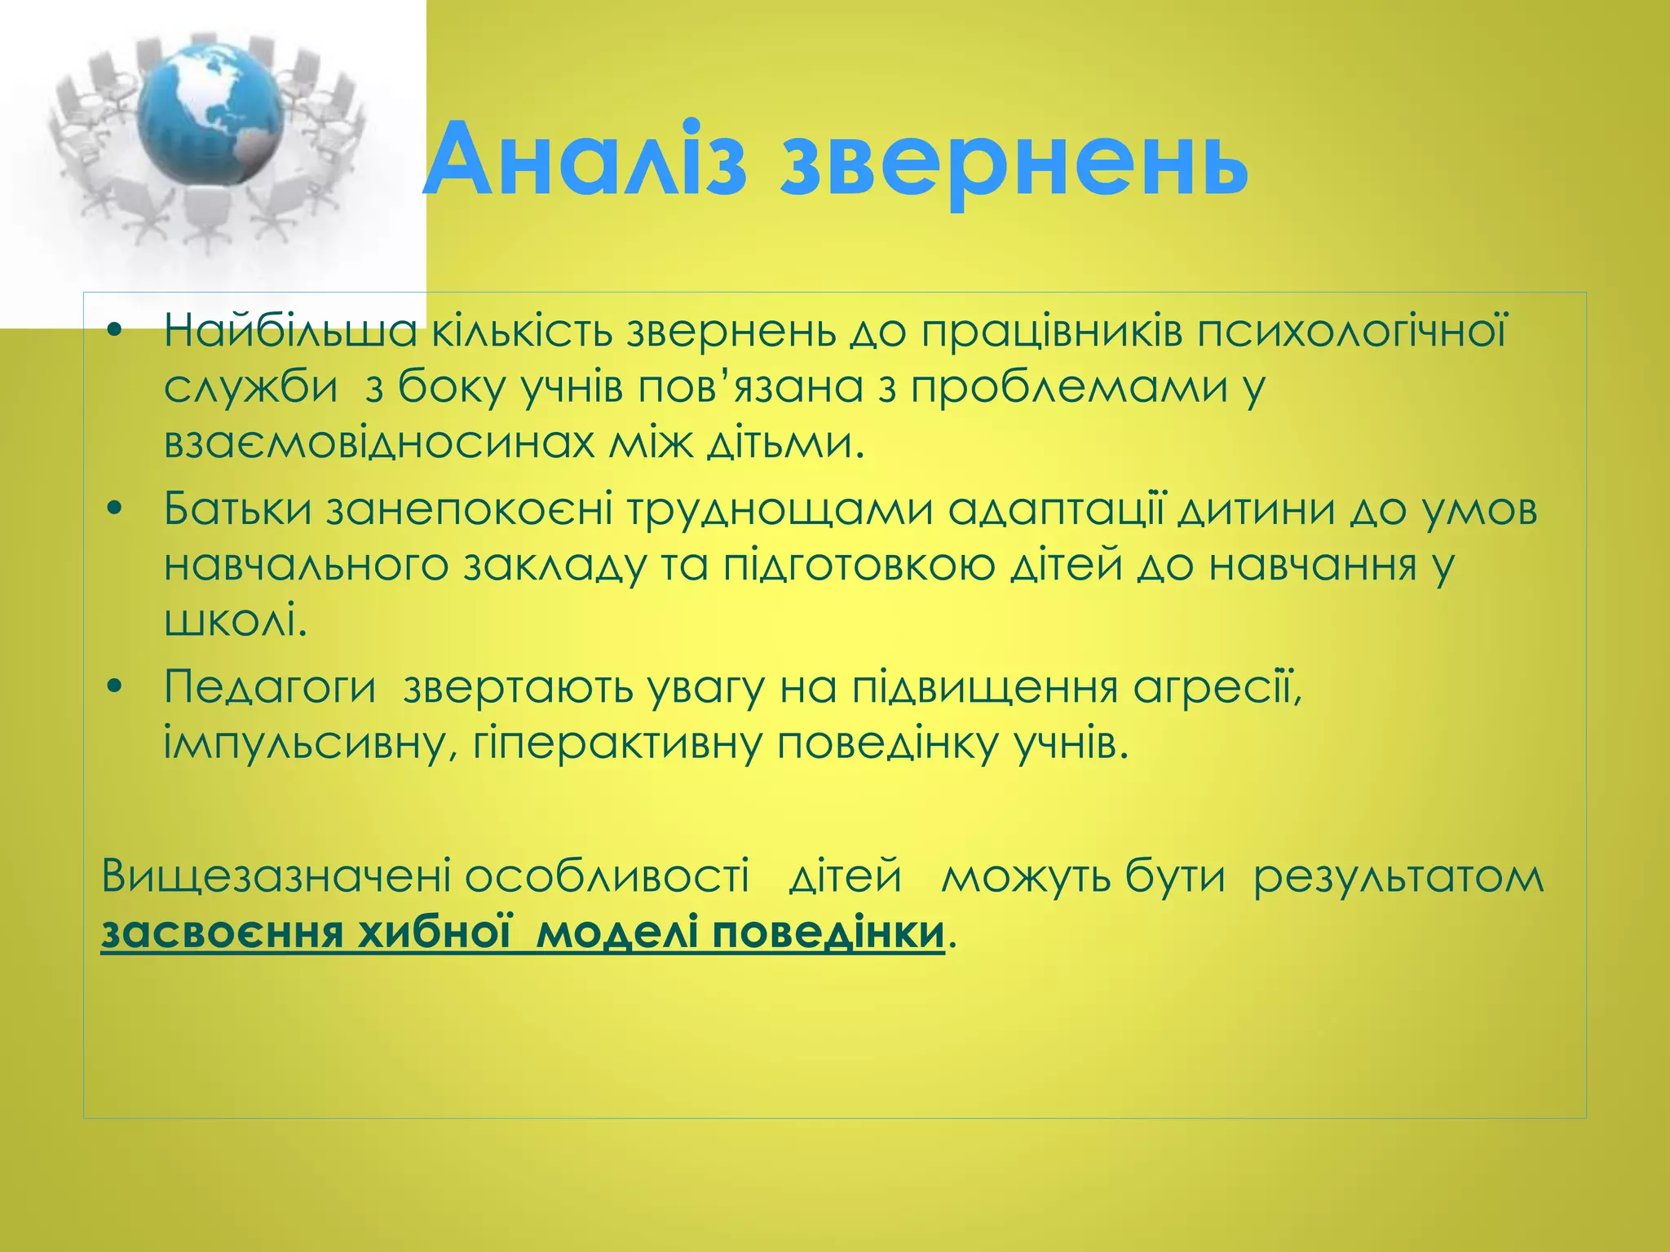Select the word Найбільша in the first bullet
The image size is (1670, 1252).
[x=290, y=332]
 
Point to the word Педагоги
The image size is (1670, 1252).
[x=270, y=688]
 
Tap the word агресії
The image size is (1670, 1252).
[x=1216, y=686]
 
